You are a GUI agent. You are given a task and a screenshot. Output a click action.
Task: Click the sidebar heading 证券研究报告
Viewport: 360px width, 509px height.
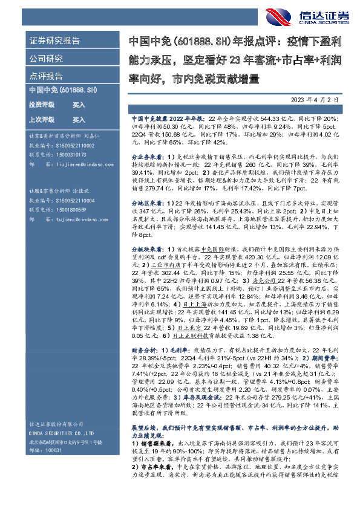point(54,42)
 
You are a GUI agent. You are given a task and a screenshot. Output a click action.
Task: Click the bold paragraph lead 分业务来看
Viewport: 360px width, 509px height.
point(146,155)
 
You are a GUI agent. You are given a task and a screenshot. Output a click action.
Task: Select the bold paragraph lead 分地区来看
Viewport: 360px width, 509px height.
point(147,201)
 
